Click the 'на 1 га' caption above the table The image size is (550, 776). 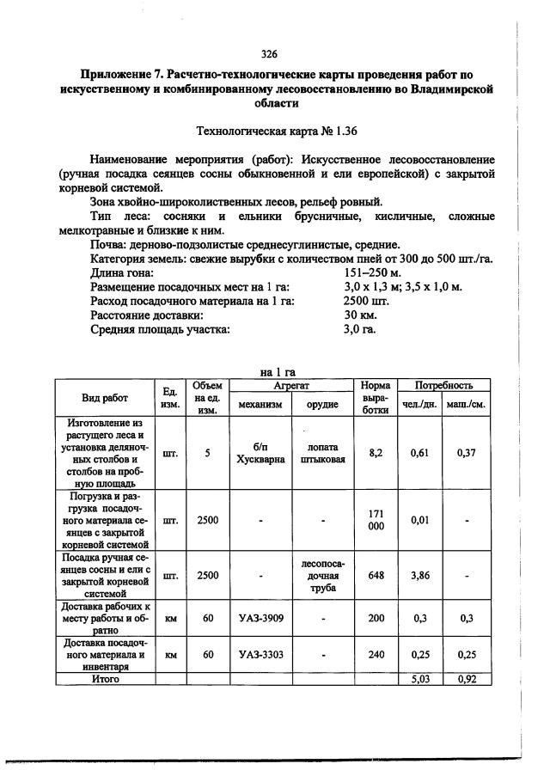(x=277, y=372)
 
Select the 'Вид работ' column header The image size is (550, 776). (x=105, y=398)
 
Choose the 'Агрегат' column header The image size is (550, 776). (x=291, y=386)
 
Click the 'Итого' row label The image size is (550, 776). (x=105, y=679)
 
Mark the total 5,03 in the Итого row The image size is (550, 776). (x=419, y=679)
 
